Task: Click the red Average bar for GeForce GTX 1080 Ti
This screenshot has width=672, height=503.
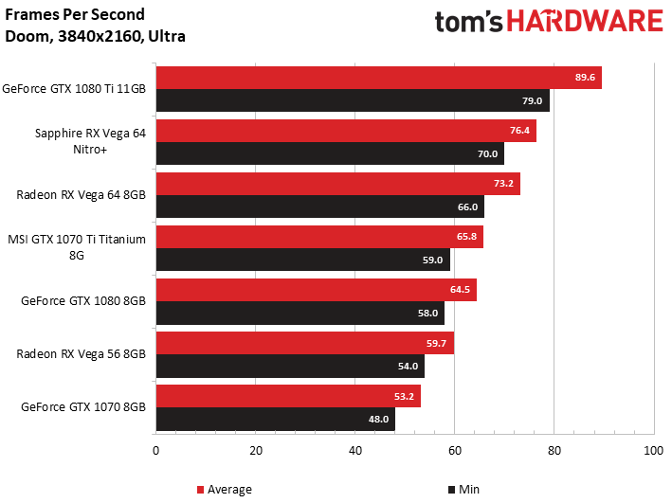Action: (x=379, y=78)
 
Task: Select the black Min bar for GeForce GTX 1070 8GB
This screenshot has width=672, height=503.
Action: (x=276, y=419)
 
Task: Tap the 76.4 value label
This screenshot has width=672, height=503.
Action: (x=519, y=130)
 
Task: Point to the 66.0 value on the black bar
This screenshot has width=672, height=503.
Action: (x=467, y=207)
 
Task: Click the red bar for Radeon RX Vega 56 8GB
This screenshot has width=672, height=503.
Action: (x=305, y=343)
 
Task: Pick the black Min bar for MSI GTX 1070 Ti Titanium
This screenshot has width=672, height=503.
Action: (x=303, y=260)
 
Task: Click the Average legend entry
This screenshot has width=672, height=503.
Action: (x=224, y=490)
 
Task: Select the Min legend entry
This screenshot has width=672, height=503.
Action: (x=463, y=490)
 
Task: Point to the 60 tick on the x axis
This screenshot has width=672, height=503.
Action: (x=455, y=451)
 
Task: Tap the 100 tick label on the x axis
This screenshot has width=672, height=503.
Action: (x=654, y=451)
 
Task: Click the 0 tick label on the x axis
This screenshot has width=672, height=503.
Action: (x=156, y=451)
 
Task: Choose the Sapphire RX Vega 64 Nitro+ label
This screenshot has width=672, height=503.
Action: (x=90, y=141)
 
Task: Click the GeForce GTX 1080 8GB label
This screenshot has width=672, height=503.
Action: (x=83, y=301)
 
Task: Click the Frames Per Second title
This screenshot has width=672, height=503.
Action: (x=75, y=14)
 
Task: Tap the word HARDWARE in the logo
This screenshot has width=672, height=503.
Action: (x=585, y=22)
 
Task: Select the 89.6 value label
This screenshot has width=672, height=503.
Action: (x=585, y=77)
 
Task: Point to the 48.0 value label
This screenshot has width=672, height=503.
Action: (x=378, y=419)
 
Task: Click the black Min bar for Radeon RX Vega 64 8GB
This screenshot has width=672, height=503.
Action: (x=320, y=207)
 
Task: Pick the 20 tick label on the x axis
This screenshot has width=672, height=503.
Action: (x=256, y=451)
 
